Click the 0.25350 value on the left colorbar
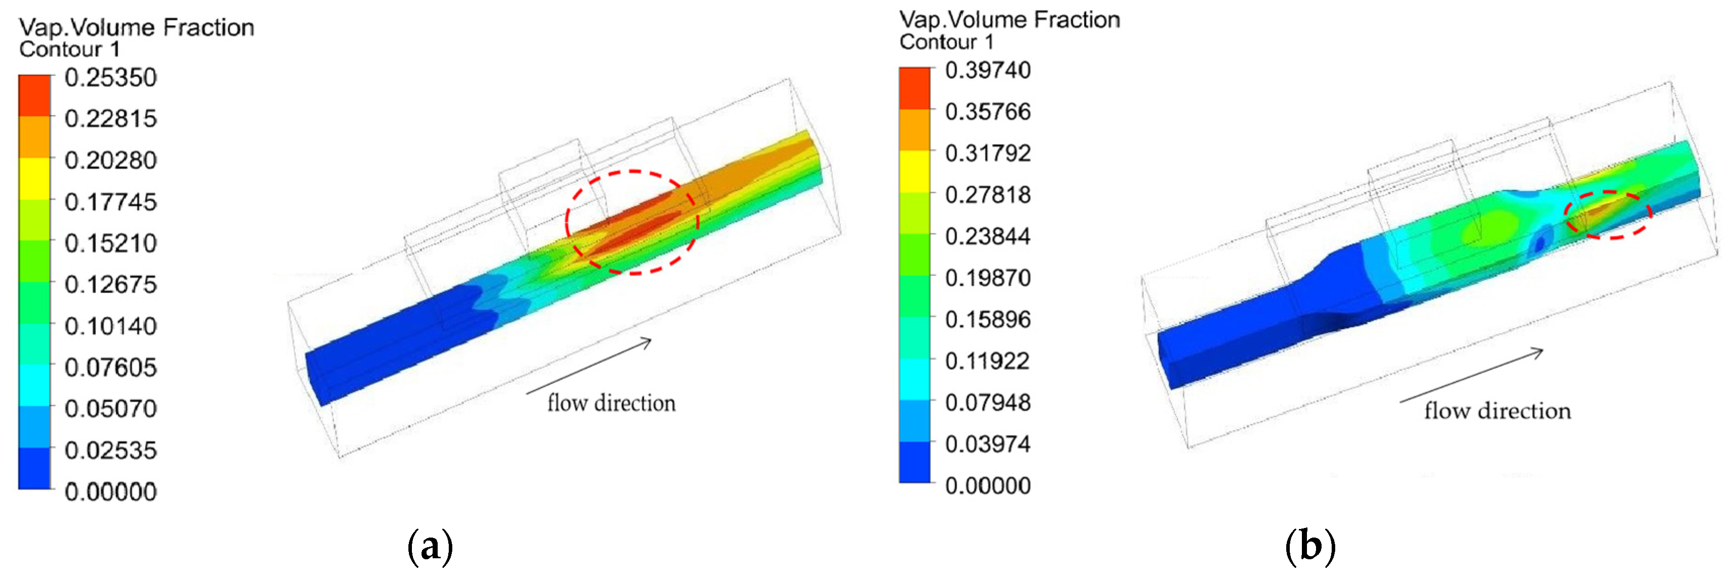[x=111, y=77]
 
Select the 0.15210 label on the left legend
[x=111, y=243]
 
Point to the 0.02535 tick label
[x=111, y=450]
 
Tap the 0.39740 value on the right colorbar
[x=987, y=70]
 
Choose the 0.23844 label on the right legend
[x=987, y=236]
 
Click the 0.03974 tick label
[x=987, y=444]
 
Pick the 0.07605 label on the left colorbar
[x=111, y=367]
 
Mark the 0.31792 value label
[x=987, y=153]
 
